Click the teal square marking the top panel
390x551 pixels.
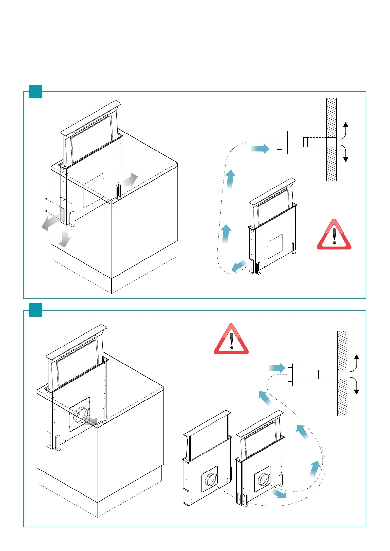[x=36, y=92]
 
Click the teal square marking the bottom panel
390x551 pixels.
[x=36, y=310]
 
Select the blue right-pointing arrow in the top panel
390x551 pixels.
[x=260, y=149]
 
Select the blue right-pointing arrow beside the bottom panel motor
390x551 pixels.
[x=277, y=368]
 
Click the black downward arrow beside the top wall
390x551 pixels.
[x=345, y=154]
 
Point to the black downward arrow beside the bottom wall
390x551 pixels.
[x=356, y=386]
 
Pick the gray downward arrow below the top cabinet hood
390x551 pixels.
[x=65, y=239]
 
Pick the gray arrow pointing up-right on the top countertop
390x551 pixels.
[x=130, y=180]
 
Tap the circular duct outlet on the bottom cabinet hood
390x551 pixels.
[x=81, y=415]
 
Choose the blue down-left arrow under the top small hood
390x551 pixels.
[x=239, y=266]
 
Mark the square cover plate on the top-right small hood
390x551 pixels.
[x=275, y=246]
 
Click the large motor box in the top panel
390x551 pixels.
[x=295, y=142]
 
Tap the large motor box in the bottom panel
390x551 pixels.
[x=306, y=375]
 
